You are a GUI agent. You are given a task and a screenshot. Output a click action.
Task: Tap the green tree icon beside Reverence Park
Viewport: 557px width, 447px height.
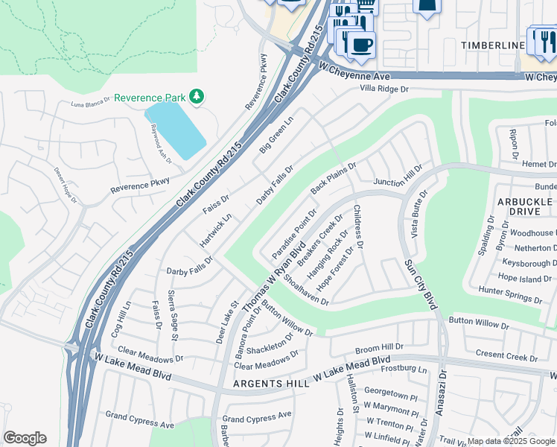tap(197, 97)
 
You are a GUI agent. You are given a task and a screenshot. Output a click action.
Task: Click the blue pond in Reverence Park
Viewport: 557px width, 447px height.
tap(176, 129)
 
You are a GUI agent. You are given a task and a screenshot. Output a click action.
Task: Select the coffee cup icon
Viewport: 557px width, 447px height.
tap(362, 43)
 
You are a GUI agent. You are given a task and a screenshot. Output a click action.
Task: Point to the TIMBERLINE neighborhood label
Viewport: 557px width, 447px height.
tap(492, 46)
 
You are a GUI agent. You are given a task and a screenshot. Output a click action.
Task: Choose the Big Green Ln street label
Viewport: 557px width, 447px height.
tap(276, 135)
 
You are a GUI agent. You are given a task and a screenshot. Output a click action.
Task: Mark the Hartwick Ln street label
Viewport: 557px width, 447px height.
tap(217, 232)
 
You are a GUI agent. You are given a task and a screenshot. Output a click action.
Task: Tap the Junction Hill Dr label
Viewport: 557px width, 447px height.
tap(398, 178)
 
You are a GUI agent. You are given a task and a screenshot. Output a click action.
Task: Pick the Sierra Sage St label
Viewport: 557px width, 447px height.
tap(172, 315)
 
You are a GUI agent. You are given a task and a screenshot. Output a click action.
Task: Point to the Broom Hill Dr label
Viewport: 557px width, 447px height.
tap(379, 347)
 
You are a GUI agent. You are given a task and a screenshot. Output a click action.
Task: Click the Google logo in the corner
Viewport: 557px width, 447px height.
tap(25, 438)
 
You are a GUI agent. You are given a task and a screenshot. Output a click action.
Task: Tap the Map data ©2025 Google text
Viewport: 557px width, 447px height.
tap(511, 441)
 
